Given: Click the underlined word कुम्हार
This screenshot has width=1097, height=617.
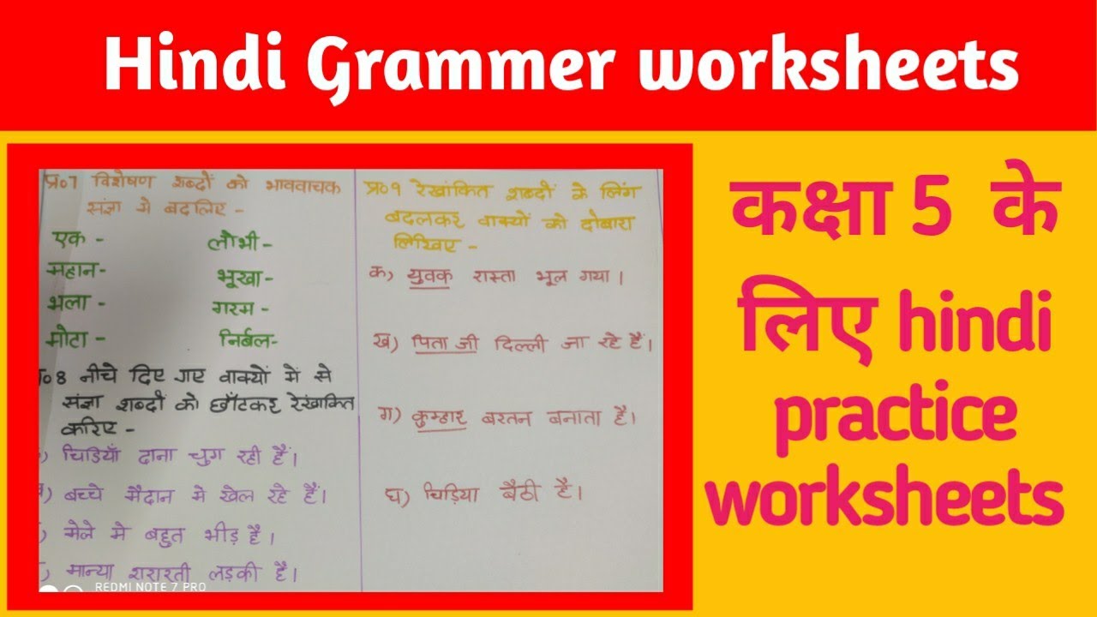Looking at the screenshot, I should (436, 418).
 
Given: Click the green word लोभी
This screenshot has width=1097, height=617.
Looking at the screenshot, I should (239, 243).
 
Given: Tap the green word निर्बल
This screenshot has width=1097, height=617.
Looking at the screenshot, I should (247, 341).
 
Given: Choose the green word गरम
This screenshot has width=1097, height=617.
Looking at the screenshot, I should (238, 307).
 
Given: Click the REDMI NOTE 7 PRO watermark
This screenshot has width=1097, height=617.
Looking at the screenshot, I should (150, 587).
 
